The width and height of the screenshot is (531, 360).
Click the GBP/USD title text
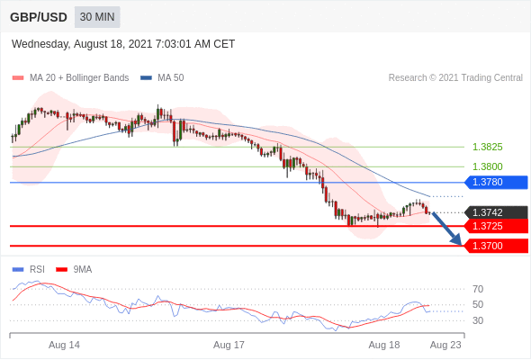(x=39, y=17)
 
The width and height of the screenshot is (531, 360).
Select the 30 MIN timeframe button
(x=97, y=17)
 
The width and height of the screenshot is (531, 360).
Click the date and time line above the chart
(x=123, y=44)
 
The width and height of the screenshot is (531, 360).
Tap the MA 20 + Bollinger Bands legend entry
(x=70, y=78)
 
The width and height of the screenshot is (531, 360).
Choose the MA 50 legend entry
(x=162, y=78)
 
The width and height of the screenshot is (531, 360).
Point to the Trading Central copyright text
(x=455, y=78)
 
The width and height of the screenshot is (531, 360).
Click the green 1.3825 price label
(x=487, y=147)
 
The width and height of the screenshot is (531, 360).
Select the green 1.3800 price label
(x=487, y=166)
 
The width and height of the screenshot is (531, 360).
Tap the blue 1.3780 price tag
(x=496, y=182)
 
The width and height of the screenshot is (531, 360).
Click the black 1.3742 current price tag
(x=496, y=212)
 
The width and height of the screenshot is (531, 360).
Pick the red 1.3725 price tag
(x=496, y=226)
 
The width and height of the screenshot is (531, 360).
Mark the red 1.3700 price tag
(x=496, y=246)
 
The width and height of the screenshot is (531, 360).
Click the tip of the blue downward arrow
(x=462, y=245)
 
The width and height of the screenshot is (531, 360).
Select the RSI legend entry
(x=29, y=270)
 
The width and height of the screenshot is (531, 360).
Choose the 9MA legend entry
(x=74, y=270)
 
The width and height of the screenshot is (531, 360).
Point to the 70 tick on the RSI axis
(x=478, y=289)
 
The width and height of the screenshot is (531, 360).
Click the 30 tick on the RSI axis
(x=478, y=320)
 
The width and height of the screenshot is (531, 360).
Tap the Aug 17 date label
(x=229, y=345)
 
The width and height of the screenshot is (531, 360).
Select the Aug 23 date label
(x=445, y=345)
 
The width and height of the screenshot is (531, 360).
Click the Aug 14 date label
(x=64, y=345)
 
